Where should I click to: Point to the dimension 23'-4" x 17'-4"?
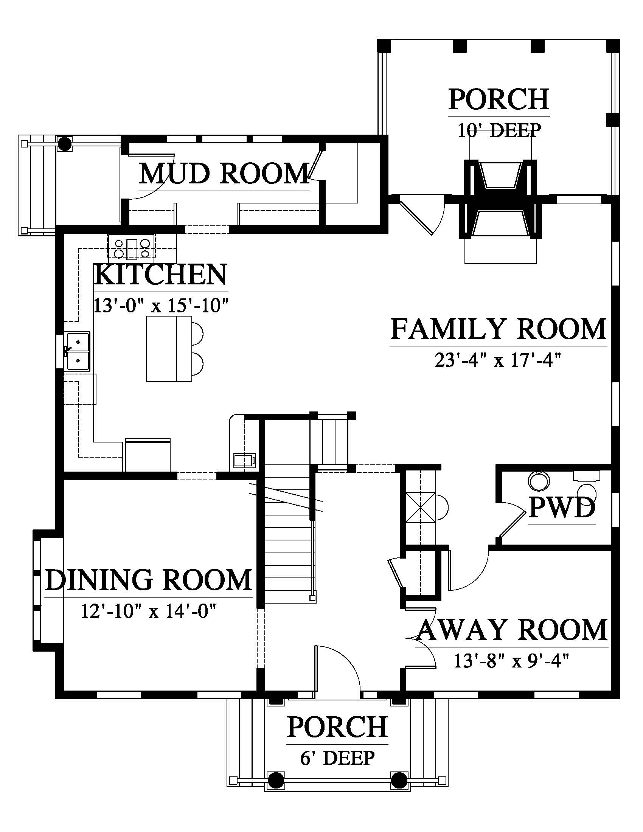pyautogui.click(x=498, y=360)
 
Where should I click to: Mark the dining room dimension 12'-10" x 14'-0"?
pyautogui.click(x=149, y=612)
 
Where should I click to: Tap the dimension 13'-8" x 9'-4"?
pyautogui.click(x=512, y=661)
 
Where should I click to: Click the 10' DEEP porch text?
pyautogui.click(x=499, y=131)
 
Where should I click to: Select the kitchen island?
pyautogui.click(x=169, y=349)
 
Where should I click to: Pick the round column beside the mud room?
pyautogui.click(x=64, y=144)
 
